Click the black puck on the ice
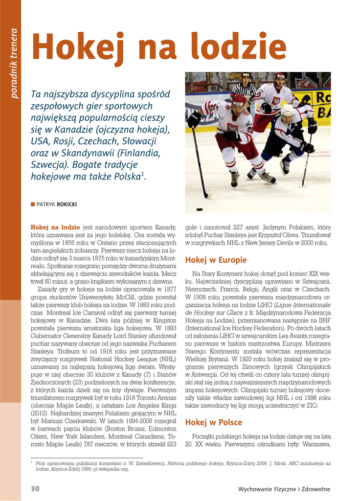[x=200, y=209]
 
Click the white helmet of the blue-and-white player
[x=287, y=111]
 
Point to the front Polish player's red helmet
[x=238, y=99]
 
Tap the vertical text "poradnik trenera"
[x=14, y=64]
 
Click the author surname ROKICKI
[x=67, y=205]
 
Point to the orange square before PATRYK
[x=33, y=205]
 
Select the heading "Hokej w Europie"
[x=216, y=260]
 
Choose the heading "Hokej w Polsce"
[x=213, y=422]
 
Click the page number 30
[x=35, y=489]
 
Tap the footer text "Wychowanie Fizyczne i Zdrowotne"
[x=284, y=489]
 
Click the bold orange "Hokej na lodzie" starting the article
[x=55, y=228]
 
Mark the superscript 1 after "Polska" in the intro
[x=143, y=174]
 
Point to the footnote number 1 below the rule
[x=32, y=462]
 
